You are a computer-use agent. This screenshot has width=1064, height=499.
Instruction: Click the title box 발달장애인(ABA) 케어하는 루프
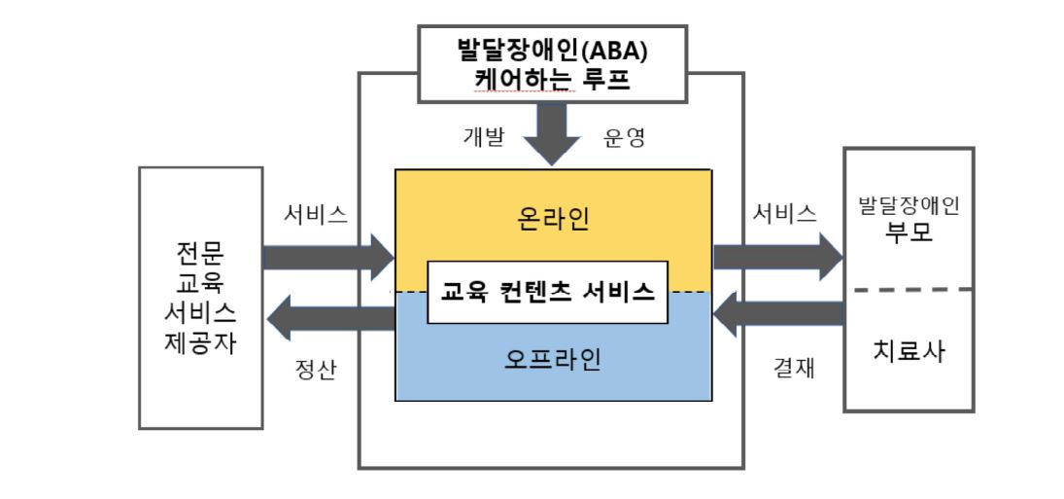pos(552,63)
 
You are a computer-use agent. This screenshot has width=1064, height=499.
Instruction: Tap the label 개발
pos(482,138)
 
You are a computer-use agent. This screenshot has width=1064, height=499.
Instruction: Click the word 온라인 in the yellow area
pos(552,220)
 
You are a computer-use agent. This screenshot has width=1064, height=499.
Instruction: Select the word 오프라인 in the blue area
pos(552,359)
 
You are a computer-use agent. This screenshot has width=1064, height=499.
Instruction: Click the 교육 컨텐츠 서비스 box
pos(547,292)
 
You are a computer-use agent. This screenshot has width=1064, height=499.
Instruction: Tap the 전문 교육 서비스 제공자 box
pos(200,298)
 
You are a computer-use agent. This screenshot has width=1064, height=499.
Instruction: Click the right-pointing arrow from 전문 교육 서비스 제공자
pos(327,257)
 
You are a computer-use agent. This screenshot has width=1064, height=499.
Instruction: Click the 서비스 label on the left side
pos(316,215)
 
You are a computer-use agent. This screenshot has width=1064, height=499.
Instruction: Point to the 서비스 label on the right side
pos(784,215)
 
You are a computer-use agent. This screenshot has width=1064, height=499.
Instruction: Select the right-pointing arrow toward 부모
pos(777,257)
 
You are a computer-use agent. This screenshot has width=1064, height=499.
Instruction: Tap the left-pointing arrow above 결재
pos(777,313)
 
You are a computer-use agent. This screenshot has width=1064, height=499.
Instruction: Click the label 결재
pos(791,369)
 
